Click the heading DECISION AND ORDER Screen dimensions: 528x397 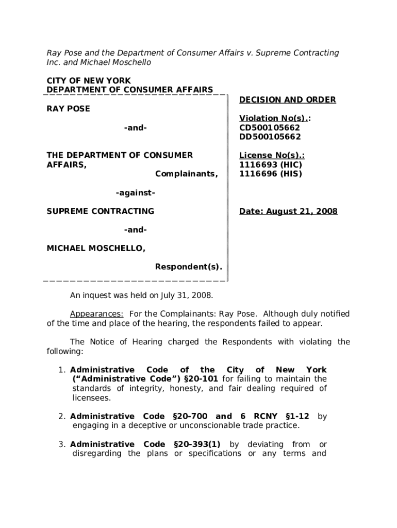tap(287, 100)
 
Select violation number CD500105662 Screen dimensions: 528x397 tap(270, 127)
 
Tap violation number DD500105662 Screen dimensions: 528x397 tap(270, 137)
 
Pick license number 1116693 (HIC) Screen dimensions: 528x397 tap(271, 164)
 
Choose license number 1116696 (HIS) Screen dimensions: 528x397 tap(270, 174)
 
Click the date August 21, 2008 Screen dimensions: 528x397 tap(288, 211)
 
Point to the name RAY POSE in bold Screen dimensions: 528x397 tap(68, 109)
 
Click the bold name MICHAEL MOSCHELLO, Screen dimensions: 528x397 tap(96, 249)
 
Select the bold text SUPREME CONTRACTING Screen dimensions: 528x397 tap(101, 211)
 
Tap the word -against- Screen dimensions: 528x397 tap(136, 193)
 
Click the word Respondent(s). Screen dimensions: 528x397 tap(189, 267)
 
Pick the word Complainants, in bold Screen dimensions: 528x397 tap(187, 174)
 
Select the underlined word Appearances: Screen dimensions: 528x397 tap(96, 313)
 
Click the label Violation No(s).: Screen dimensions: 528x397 tap(275, 118)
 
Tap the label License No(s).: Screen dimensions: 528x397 tap(272, 155)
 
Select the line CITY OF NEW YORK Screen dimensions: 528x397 tap(89, 81)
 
